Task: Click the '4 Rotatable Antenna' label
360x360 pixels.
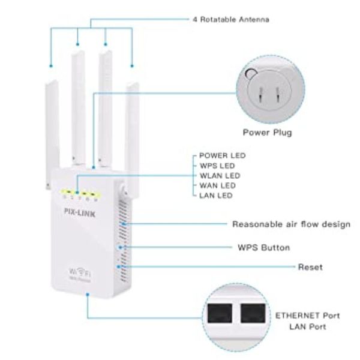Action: [231, 19]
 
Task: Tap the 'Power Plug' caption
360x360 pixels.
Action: [267, 132]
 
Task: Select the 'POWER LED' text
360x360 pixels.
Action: [222, 155]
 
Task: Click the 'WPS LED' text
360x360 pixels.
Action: [217, 166]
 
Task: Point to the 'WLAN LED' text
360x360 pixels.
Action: [220, 176]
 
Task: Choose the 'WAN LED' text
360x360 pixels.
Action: [218, 186]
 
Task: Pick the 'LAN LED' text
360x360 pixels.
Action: [216, 196]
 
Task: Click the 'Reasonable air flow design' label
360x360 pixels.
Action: [291, 224]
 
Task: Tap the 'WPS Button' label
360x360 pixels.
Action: [264, 247]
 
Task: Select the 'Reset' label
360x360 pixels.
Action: [310, 266]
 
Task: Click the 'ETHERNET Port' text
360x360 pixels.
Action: [308, 315]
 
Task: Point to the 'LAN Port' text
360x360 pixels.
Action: [308, 327]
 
